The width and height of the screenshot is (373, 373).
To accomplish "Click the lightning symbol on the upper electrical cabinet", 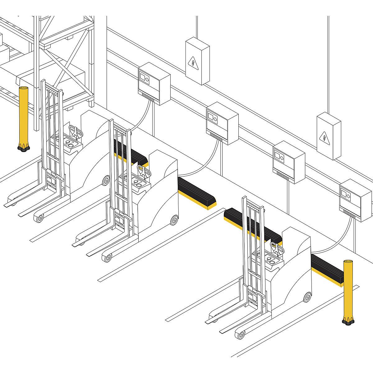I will [193, 63].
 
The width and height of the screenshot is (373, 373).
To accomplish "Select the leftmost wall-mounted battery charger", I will [154, 83].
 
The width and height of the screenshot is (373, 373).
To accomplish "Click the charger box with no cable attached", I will [288, 162].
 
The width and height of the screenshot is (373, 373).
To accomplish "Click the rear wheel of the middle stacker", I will [174, 220].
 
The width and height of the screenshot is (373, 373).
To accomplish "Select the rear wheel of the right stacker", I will [307, 297].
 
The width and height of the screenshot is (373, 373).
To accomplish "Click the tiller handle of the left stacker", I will [76, 132].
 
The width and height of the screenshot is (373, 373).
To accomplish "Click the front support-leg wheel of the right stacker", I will [240, 335].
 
